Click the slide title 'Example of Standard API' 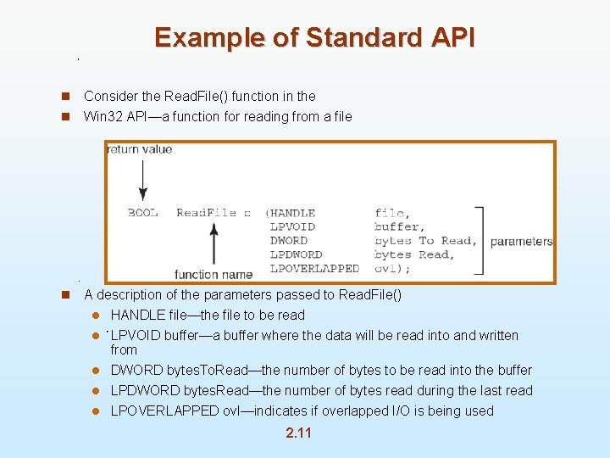pos(314,37)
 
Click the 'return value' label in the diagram pos(140,149)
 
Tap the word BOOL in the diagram pos(142,213)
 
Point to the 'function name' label pos(213,274)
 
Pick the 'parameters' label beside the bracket pos(521,241)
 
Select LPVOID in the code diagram pos(293,226)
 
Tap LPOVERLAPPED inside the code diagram pos(314,268)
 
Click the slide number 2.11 pos(298,433)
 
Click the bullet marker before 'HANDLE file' pos(97,316)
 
